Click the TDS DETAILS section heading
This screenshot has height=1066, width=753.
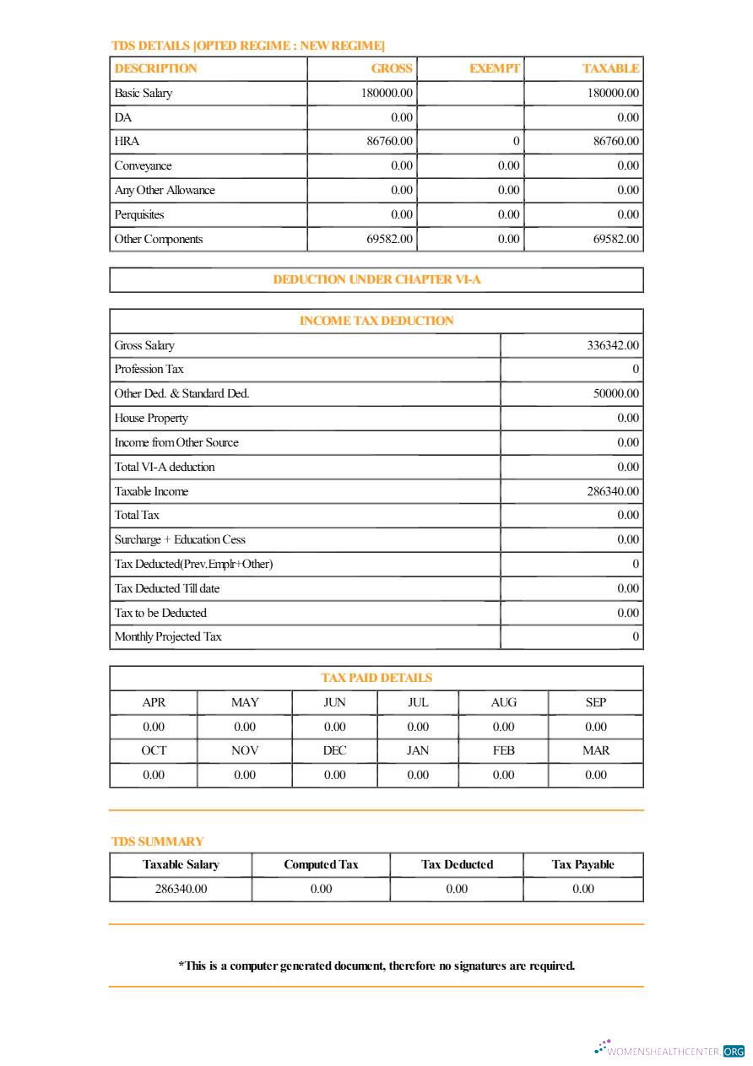(x=247, y=46)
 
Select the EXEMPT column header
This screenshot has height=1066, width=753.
(x=494, y=68)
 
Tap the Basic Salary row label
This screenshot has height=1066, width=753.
(x=144, y=93)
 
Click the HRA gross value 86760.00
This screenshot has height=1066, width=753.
(x=389, y=141)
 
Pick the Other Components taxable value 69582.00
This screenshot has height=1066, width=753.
(x=615, y=239)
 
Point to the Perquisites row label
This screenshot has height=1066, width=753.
(x=139, y=214)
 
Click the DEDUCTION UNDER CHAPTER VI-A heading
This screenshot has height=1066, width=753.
(x=376, y=279)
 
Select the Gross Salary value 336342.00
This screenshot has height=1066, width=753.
(x=612, y=345)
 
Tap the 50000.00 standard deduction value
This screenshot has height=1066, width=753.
(x=615, y=393)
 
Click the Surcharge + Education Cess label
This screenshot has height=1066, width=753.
(x=180, y=539)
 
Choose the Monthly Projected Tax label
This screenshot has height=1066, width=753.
(x=168, y=636)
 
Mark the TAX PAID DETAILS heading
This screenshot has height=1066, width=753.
(x=376, y=678)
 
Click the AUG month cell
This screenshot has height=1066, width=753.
(x=503, y=702)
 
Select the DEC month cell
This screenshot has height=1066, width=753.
(x=334, y=750)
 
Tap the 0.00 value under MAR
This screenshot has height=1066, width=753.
(x=595, y=775)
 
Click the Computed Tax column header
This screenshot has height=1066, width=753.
(x=321, y=864)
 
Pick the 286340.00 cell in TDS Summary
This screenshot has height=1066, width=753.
(x=181, y=889)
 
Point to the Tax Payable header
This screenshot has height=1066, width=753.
(x=582, y=864)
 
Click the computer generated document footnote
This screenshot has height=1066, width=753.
(x=376, y=966)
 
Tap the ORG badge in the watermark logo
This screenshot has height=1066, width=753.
(x=734, y=1052)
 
